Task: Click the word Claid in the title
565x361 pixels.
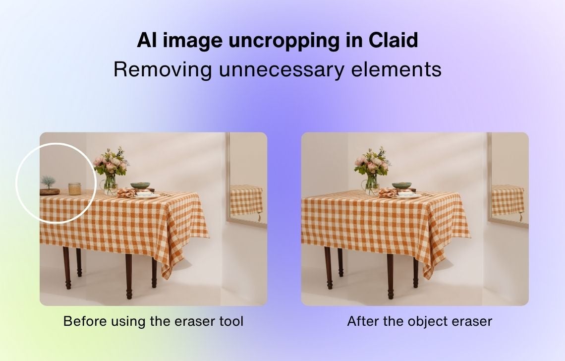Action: point(393,40)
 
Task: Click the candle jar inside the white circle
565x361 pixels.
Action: point(74,188)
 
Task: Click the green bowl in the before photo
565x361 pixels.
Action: point(141,186)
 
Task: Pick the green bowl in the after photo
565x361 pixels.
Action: point(402,186)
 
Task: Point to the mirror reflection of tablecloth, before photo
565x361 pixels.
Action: point(247,200)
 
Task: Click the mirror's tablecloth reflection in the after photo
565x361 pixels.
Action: point(508,200)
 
